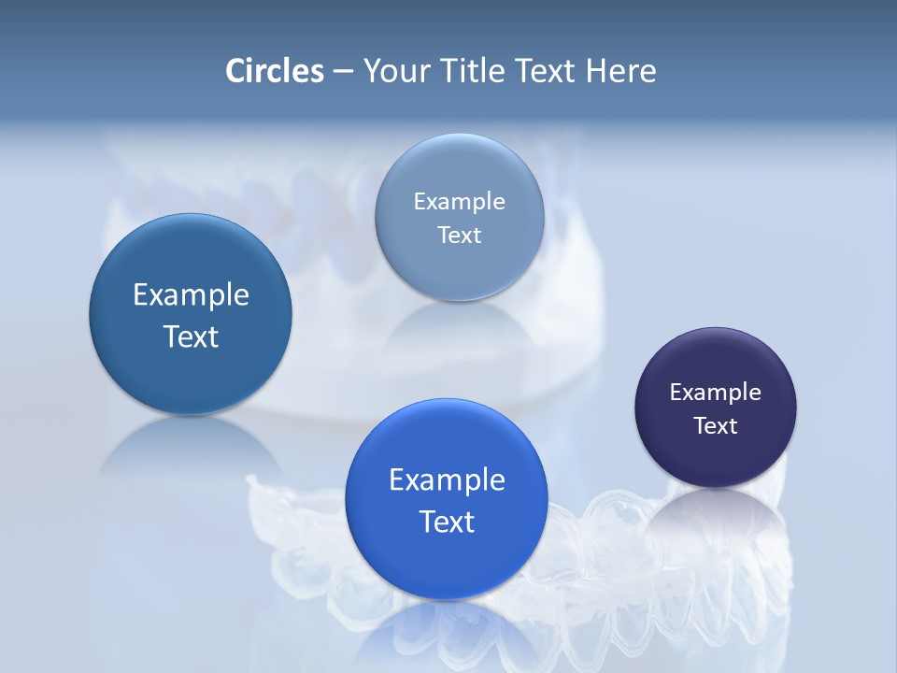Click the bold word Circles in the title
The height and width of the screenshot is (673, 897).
point(274,71)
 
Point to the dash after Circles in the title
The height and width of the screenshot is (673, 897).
point(343,72)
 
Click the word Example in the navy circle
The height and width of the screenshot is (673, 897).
point(715,393)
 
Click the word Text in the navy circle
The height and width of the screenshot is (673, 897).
point(715,426)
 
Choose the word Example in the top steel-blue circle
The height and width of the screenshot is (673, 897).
point(459,202)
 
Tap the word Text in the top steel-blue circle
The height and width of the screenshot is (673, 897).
point(459,236)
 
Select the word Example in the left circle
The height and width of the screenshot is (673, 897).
point(191,295)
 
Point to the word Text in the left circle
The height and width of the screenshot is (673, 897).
point(191,336)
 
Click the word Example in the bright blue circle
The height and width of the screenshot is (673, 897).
point(447,480)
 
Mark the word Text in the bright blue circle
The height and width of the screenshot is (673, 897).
point(447,522)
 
